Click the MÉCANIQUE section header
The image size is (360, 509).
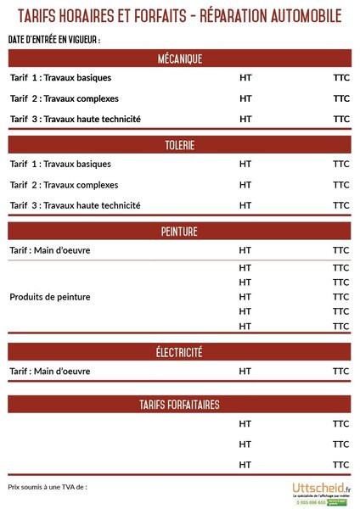click(179, 59)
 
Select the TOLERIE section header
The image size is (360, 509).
click(179, 145)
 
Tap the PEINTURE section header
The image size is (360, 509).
click(179, 232)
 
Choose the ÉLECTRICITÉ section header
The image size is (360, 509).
click(179, 352)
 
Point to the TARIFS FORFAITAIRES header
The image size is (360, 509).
click(179, 405)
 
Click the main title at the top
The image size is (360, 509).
click(179, 16)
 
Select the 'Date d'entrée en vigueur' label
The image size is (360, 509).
click(53, 40)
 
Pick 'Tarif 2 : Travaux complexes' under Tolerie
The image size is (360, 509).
click(63, 185)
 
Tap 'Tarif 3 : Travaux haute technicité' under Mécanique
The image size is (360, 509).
click(75, 119)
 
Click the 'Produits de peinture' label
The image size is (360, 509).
click(49, 297)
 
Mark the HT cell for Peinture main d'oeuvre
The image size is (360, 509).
click(245, 250)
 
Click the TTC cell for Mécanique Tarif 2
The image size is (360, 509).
click(341, 98)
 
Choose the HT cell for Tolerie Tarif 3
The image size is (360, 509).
click(245, 205)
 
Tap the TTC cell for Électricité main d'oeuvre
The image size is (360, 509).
click(341, 372)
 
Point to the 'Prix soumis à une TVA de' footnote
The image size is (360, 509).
click(48, 487)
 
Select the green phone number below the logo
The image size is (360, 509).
click(311, 502)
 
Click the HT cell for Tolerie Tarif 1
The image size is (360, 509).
click(245, 164)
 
